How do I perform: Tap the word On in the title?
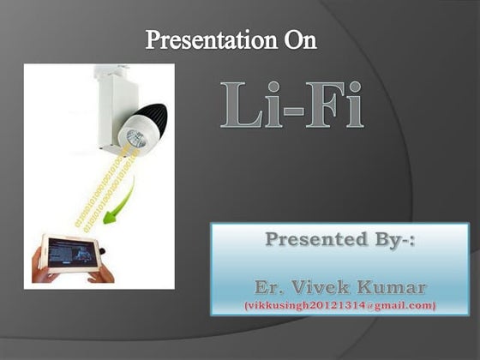[300, 39]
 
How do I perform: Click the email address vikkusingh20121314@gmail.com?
[339, 305]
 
